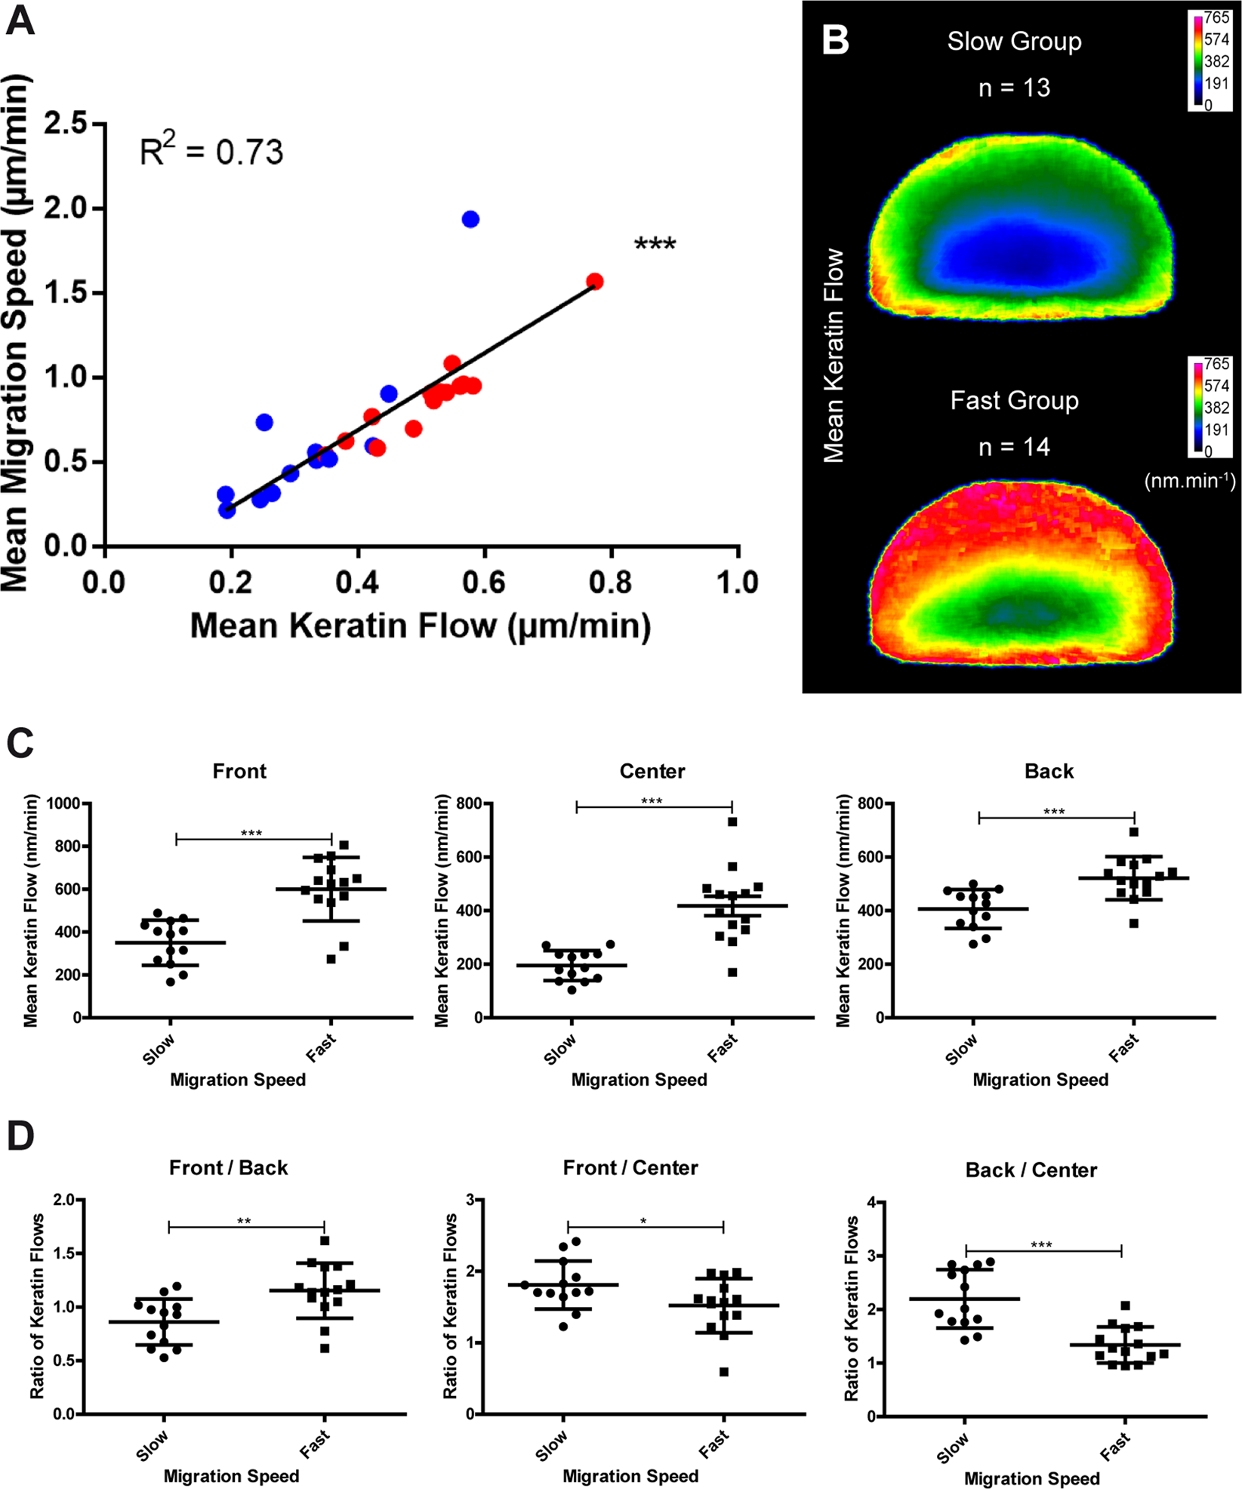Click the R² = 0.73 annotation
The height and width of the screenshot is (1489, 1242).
211,151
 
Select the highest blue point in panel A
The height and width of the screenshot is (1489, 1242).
470,220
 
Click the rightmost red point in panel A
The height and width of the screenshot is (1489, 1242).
595,282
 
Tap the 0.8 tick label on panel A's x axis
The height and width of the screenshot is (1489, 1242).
610,583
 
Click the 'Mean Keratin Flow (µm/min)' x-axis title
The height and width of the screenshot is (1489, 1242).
421,626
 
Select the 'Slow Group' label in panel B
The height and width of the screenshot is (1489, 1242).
1014,42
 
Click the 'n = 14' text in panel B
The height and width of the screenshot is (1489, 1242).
1014,447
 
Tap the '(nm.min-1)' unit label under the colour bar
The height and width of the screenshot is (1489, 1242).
1190,480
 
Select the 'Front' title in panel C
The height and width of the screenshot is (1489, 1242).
239,771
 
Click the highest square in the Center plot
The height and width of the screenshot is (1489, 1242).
732,822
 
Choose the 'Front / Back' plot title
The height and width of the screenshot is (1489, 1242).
228,1168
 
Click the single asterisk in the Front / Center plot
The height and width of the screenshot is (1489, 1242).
643,1222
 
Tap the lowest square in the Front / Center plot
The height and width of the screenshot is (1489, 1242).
724,1372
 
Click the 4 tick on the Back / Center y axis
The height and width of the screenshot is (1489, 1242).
871,1203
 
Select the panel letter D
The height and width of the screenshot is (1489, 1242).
20,1136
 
